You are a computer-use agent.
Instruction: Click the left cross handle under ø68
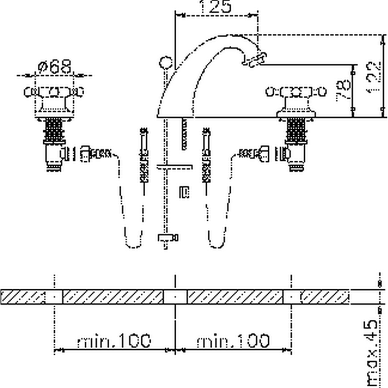click(53, 92)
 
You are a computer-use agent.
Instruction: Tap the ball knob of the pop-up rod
click(165, 61)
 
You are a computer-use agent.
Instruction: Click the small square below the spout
click(182, 192)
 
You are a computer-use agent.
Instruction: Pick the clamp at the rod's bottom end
click(167, 238)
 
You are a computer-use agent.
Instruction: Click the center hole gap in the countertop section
click(176, 297)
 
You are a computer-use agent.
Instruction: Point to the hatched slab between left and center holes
click(114, 297)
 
